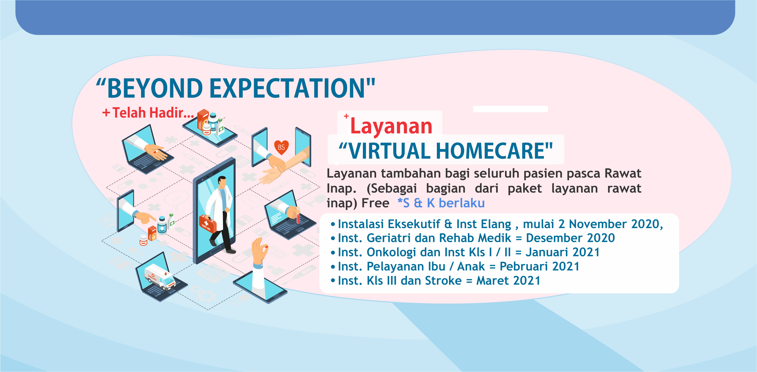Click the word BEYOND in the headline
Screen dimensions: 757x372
point(155,88)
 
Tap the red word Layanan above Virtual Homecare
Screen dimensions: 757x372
point(391,126)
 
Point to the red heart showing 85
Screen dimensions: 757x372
point(281,147)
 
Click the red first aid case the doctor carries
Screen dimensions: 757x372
point(208,224)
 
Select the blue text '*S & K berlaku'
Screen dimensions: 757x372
point(441,203)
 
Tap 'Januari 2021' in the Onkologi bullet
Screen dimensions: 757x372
point(562,252)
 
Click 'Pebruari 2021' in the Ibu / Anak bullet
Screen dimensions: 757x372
point(539,266)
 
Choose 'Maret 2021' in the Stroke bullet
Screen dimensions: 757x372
point(508,281)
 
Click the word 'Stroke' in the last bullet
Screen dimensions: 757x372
point(443,281)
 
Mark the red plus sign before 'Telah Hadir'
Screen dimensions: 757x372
point(106,113)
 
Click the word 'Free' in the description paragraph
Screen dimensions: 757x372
point(375,203)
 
